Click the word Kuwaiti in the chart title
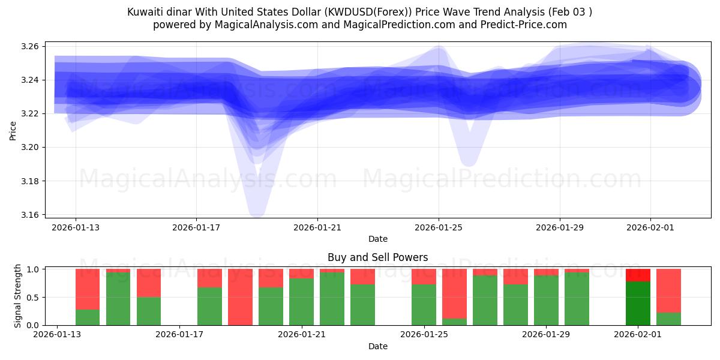point(145,12)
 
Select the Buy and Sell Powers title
point(377,257)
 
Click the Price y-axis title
point(13,130)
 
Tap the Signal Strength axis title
point(17,296)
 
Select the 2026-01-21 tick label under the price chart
point(317,227)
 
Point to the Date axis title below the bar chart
point(377,346)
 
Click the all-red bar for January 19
point(240,297)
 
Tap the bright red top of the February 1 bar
point(638,275)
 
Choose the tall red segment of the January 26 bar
point(454,293)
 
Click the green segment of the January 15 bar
point(118,299)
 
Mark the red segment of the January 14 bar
point(88,289)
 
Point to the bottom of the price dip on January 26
point(469,161)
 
